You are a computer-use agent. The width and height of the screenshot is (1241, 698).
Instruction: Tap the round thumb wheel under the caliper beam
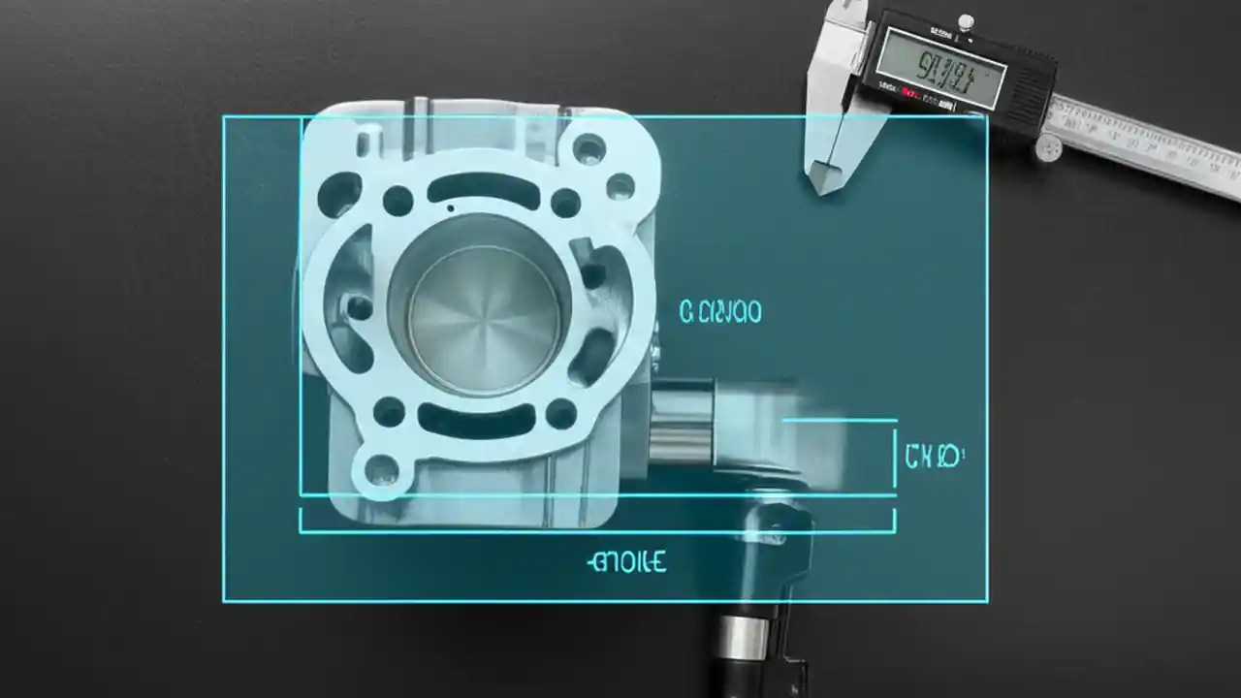[x=1048, y=147]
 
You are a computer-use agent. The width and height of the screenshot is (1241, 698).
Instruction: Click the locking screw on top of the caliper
[x=965, y=21]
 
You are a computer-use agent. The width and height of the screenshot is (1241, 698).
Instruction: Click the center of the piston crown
[x=477, y=318]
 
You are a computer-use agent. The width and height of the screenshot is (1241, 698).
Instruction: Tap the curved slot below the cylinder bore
[x=476, y=420]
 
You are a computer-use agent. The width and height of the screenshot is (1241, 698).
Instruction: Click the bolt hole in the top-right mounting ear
[x=589, y=148]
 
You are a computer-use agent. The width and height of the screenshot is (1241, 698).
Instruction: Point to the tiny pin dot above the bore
[x=450, y=206]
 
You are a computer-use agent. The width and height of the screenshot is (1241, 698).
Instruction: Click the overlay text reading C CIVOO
[x=720, y=312]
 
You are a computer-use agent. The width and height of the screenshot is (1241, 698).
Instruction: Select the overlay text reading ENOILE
[x=627, y=561]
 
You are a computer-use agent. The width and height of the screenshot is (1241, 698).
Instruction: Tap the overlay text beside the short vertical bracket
[x=934, y=457]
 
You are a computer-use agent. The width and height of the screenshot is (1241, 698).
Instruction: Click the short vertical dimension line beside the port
[x=894, y=456]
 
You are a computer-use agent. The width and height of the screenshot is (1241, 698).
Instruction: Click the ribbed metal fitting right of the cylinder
[x=681, y=422]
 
